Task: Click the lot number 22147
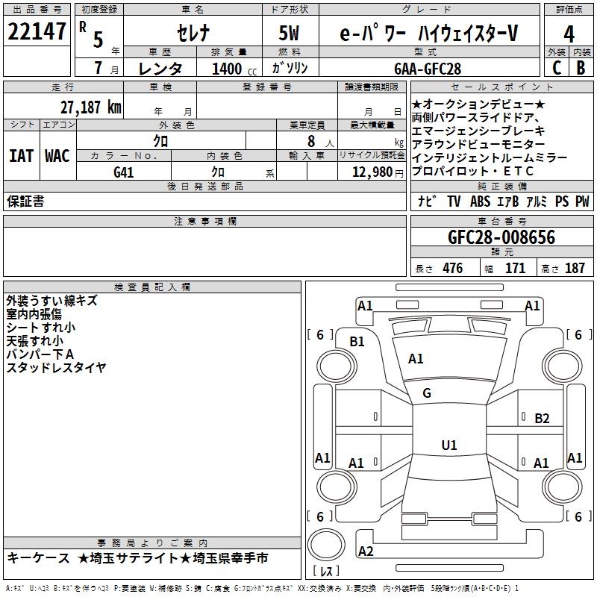tap(37, 33)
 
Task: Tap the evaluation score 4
tap(569, 34)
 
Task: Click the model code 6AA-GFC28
tap(428, 69)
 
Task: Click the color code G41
tap(124, 172)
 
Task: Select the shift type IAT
tap(21, 156)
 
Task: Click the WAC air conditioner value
tap(57, 156)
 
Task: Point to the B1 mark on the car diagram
tap(357, 342)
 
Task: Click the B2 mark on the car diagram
tap(542, 419)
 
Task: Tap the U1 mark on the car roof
tap(448, 446)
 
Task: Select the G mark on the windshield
tap(427, 393)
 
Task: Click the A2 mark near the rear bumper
tap(366, 551)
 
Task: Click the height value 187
tap(575, 269)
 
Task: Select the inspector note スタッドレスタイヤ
tap(56, 367)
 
